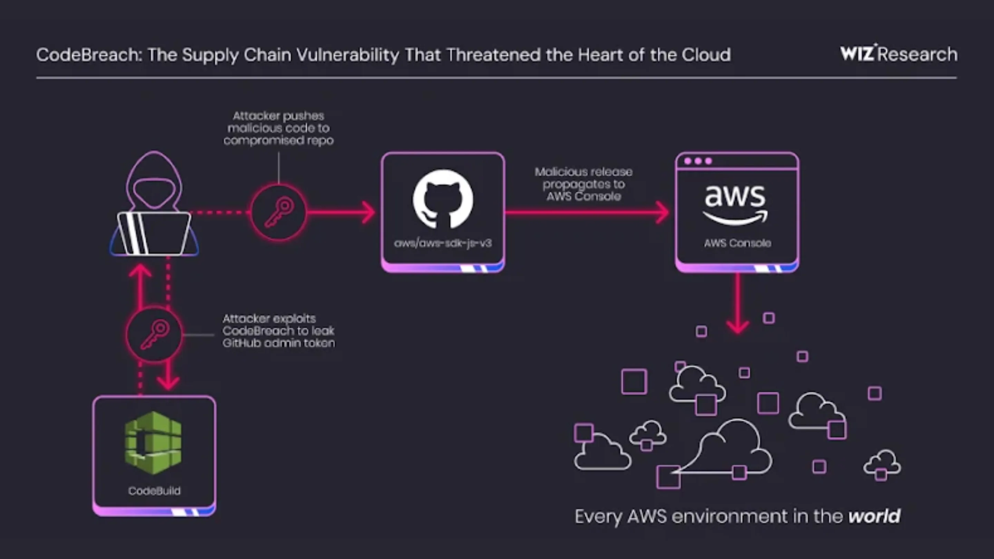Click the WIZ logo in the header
(857, 54)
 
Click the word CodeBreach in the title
(87, 55)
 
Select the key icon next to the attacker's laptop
(279, 212)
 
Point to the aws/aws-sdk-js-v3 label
(443, 243)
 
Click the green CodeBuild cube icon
(154, 442)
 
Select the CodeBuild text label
(154, 491)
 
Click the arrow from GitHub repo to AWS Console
(586, 212)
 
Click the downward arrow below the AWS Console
(738, 305)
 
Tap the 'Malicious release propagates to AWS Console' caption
(583, 184)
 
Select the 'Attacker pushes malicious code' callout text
(278, 128)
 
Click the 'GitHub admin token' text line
(279, 343)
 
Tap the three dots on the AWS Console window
(698, 161)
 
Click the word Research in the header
(918, 55)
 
